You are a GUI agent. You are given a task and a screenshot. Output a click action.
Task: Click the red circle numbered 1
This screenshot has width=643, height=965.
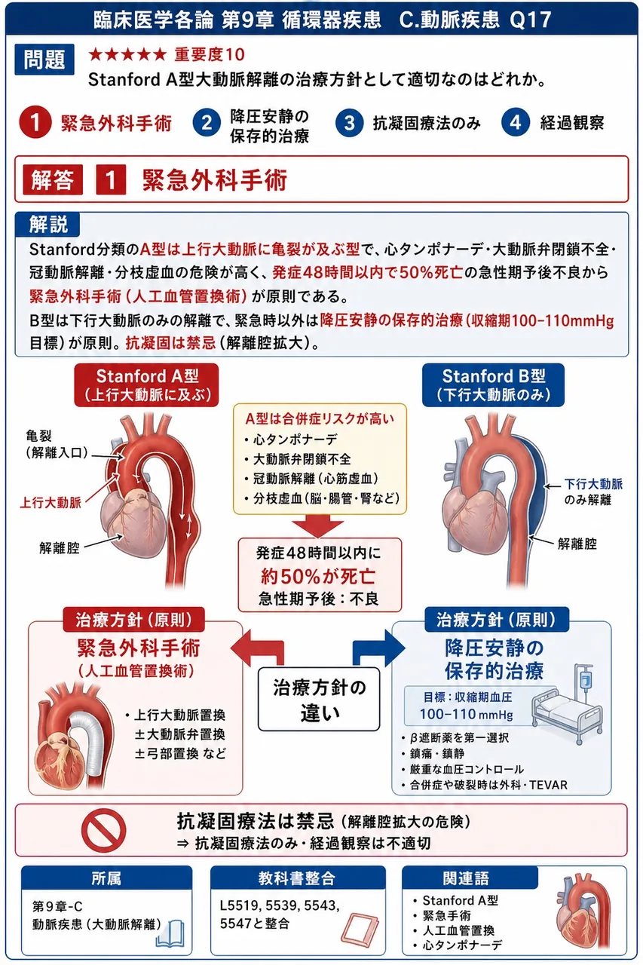(35, 122)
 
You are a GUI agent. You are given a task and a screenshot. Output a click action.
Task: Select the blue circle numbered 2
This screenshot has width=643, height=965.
(207, 123)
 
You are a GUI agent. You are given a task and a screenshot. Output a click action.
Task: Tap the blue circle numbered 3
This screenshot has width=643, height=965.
(349, 123)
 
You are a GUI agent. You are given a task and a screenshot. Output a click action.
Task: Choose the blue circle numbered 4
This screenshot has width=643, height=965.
(515, 123)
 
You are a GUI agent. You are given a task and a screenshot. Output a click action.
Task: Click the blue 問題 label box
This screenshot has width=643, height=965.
(44, 60)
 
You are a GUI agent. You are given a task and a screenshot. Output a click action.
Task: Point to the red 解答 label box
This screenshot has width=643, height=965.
(53, 179)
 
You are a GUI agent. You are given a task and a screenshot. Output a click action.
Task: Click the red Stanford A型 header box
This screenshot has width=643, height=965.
(146, 385)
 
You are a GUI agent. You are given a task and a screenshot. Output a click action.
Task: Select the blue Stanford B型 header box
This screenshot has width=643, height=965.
(493, 385)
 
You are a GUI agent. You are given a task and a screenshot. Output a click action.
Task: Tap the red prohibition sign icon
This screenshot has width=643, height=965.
(104, 829)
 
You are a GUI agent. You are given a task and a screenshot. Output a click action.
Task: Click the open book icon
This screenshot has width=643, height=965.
(170, 933)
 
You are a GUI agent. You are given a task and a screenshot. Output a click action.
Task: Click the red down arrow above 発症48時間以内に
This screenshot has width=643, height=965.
(318, 526)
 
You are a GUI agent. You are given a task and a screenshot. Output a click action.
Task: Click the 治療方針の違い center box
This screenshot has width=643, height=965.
(319, 699)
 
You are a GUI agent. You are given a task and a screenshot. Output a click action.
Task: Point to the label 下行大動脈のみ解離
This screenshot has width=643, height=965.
(593, 492)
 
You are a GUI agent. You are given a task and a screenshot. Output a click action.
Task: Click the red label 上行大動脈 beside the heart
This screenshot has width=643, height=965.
(51, 502)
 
